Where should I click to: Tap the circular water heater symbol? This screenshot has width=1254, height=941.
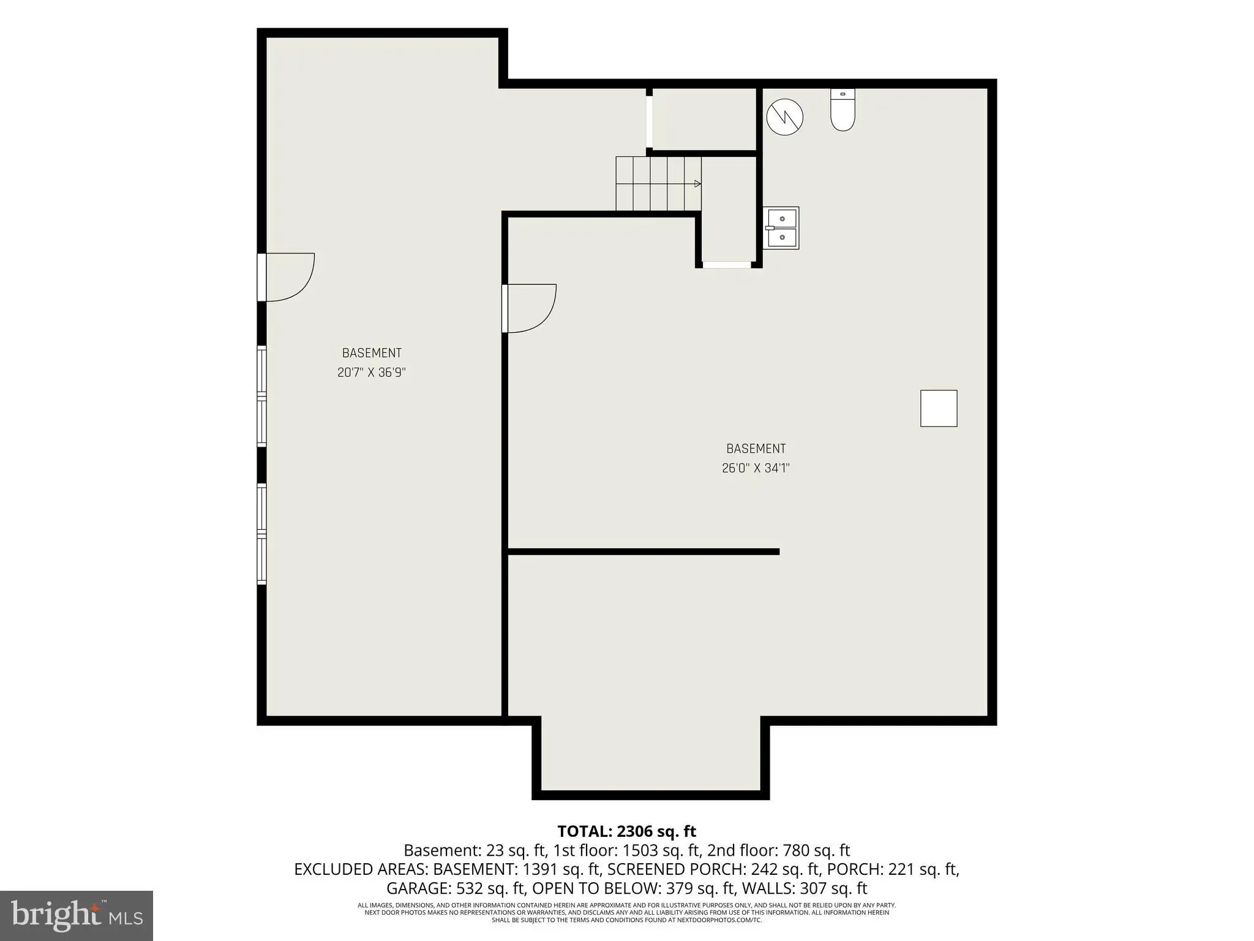point(784,117)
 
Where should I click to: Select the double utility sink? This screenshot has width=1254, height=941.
point(781,227)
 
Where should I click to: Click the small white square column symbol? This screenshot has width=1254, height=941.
point(939,408)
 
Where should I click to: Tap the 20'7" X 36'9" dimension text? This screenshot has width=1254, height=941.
point(372,372)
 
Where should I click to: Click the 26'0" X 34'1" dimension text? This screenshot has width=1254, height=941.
point(756,468)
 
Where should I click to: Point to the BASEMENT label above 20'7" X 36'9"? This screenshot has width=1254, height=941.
point(372,353)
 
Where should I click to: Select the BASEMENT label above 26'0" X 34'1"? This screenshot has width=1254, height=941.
point(756,448)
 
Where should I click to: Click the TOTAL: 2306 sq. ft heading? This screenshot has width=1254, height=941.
point(626,831)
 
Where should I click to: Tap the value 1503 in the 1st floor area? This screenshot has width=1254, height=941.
point(640,850)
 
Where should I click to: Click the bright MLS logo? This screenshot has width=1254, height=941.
point(77,916)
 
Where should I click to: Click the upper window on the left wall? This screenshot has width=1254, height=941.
point(261,396)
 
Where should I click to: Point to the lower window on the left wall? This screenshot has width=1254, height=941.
point(261,534)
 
